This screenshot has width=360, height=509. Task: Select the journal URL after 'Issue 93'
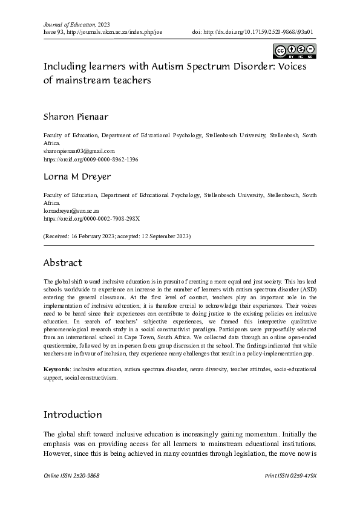[116, 33]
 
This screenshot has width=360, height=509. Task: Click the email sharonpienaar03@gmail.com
[79, 151]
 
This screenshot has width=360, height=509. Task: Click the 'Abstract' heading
[62, 263]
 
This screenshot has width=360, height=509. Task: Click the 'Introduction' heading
[73, 415]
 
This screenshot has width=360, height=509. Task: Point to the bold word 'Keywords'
[56, 368]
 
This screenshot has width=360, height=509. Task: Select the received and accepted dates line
[117, 236]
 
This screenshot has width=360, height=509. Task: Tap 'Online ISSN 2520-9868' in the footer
[71, 476]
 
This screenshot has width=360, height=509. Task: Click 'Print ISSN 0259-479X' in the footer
[290, 476]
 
